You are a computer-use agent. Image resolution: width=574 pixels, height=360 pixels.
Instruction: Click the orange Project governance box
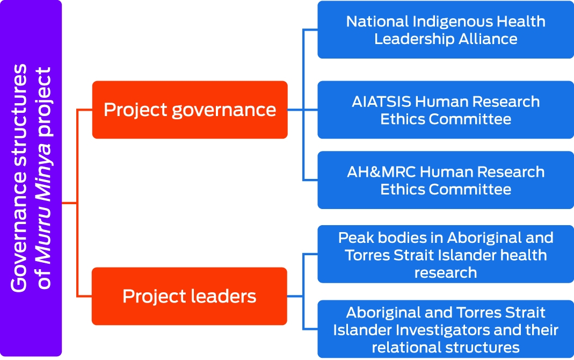pos(190,110)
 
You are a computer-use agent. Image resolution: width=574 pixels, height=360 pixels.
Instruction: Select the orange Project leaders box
pos(189,296)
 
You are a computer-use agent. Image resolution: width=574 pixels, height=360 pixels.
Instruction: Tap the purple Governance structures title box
pos(31,178)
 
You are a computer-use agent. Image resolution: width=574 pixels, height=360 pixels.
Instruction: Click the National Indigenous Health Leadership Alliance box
pos(446,30)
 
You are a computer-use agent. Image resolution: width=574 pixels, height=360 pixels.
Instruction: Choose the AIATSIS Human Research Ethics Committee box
pos(446,110)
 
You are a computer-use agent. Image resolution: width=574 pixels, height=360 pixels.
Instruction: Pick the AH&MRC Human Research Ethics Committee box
pos(446,180)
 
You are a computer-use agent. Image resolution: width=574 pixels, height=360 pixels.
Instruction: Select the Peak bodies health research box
pos(446,254)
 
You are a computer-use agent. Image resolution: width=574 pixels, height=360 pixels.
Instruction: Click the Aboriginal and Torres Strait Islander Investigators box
pos(446,329)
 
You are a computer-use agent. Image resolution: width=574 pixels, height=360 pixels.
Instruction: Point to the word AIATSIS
pos(381,102)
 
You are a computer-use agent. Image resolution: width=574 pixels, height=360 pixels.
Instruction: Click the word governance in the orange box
pos(224,110)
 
